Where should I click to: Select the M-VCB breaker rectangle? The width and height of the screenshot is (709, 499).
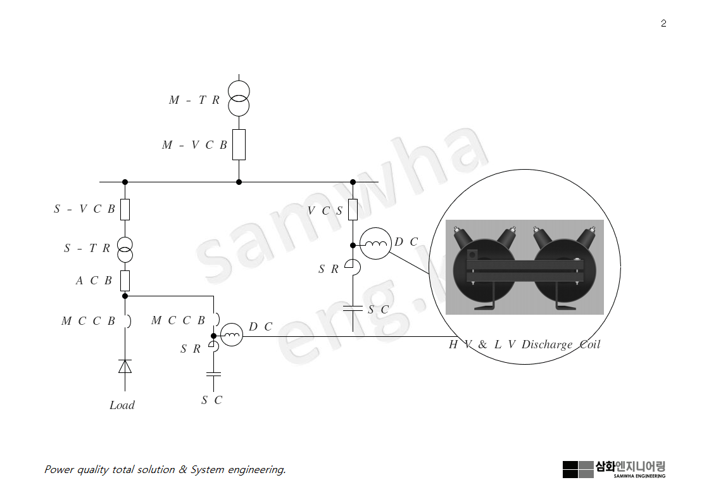tap(239, 144)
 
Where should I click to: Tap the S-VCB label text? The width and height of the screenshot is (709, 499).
tap(85, 209)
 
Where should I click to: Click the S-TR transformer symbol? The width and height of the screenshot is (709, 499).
tap(125, 250)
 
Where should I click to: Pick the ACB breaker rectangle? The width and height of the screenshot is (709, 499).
tap(125, 280)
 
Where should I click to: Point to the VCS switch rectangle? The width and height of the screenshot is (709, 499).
tap(353, 209)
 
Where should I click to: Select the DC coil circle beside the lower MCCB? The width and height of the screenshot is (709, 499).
tap(232, 334)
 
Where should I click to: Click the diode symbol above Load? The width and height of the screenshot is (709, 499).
tap(125, 366)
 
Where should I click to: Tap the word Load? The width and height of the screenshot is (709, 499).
tap(122, 405)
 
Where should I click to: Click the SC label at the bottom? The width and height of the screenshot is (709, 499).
tap(212, 400)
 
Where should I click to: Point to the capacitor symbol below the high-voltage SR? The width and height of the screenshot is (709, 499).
tap(353, 309)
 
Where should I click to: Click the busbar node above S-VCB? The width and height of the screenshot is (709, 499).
tap(125, 182)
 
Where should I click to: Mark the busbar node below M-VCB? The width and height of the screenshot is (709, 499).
tap(239, 182)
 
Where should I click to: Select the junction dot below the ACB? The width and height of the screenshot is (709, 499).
tap(125, 296)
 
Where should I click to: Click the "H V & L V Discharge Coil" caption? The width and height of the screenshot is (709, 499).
tap(524, 344)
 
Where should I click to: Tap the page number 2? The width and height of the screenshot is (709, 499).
tap(663, 23)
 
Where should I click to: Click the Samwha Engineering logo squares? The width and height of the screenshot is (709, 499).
tap(577, 469)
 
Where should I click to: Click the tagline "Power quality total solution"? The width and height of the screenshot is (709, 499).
tap(165, 469)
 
